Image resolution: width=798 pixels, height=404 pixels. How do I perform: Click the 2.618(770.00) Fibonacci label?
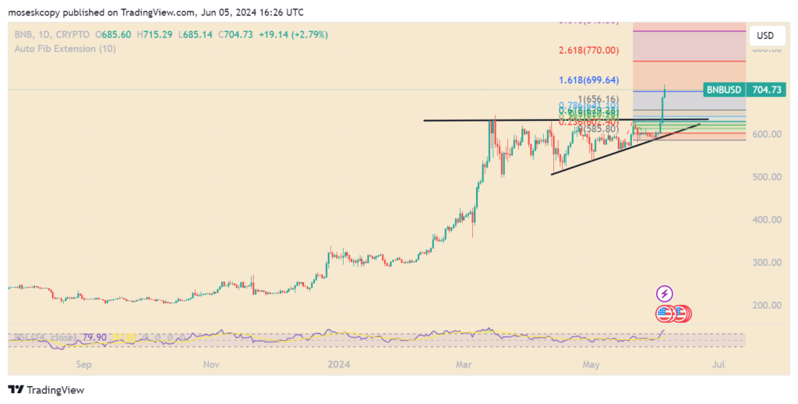click(x=588, y=51)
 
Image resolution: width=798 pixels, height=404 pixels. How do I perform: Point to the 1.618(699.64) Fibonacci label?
click(x=588, y=80)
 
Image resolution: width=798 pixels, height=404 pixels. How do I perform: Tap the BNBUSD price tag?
click(x=724, y=90)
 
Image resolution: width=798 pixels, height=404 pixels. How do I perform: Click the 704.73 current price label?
click(x=766, y=90)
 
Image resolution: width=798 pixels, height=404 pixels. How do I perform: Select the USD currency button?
click(x=765, y=36)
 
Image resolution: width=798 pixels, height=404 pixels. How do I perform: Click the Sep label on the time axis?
click(x=84, y=364)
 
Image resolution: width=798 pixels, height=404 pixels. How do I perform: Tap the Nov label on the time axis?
click(x=211, y=364)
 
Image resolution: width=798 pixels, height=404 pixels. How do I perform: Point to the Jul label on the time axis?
click(x=719, y=364)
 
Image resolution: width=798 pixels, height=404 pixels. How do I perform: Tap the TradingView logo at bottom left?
click(x=46, y=389)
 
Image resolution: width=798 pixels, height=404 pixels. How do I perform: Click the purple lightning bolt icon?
click(x=664, y=294)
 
